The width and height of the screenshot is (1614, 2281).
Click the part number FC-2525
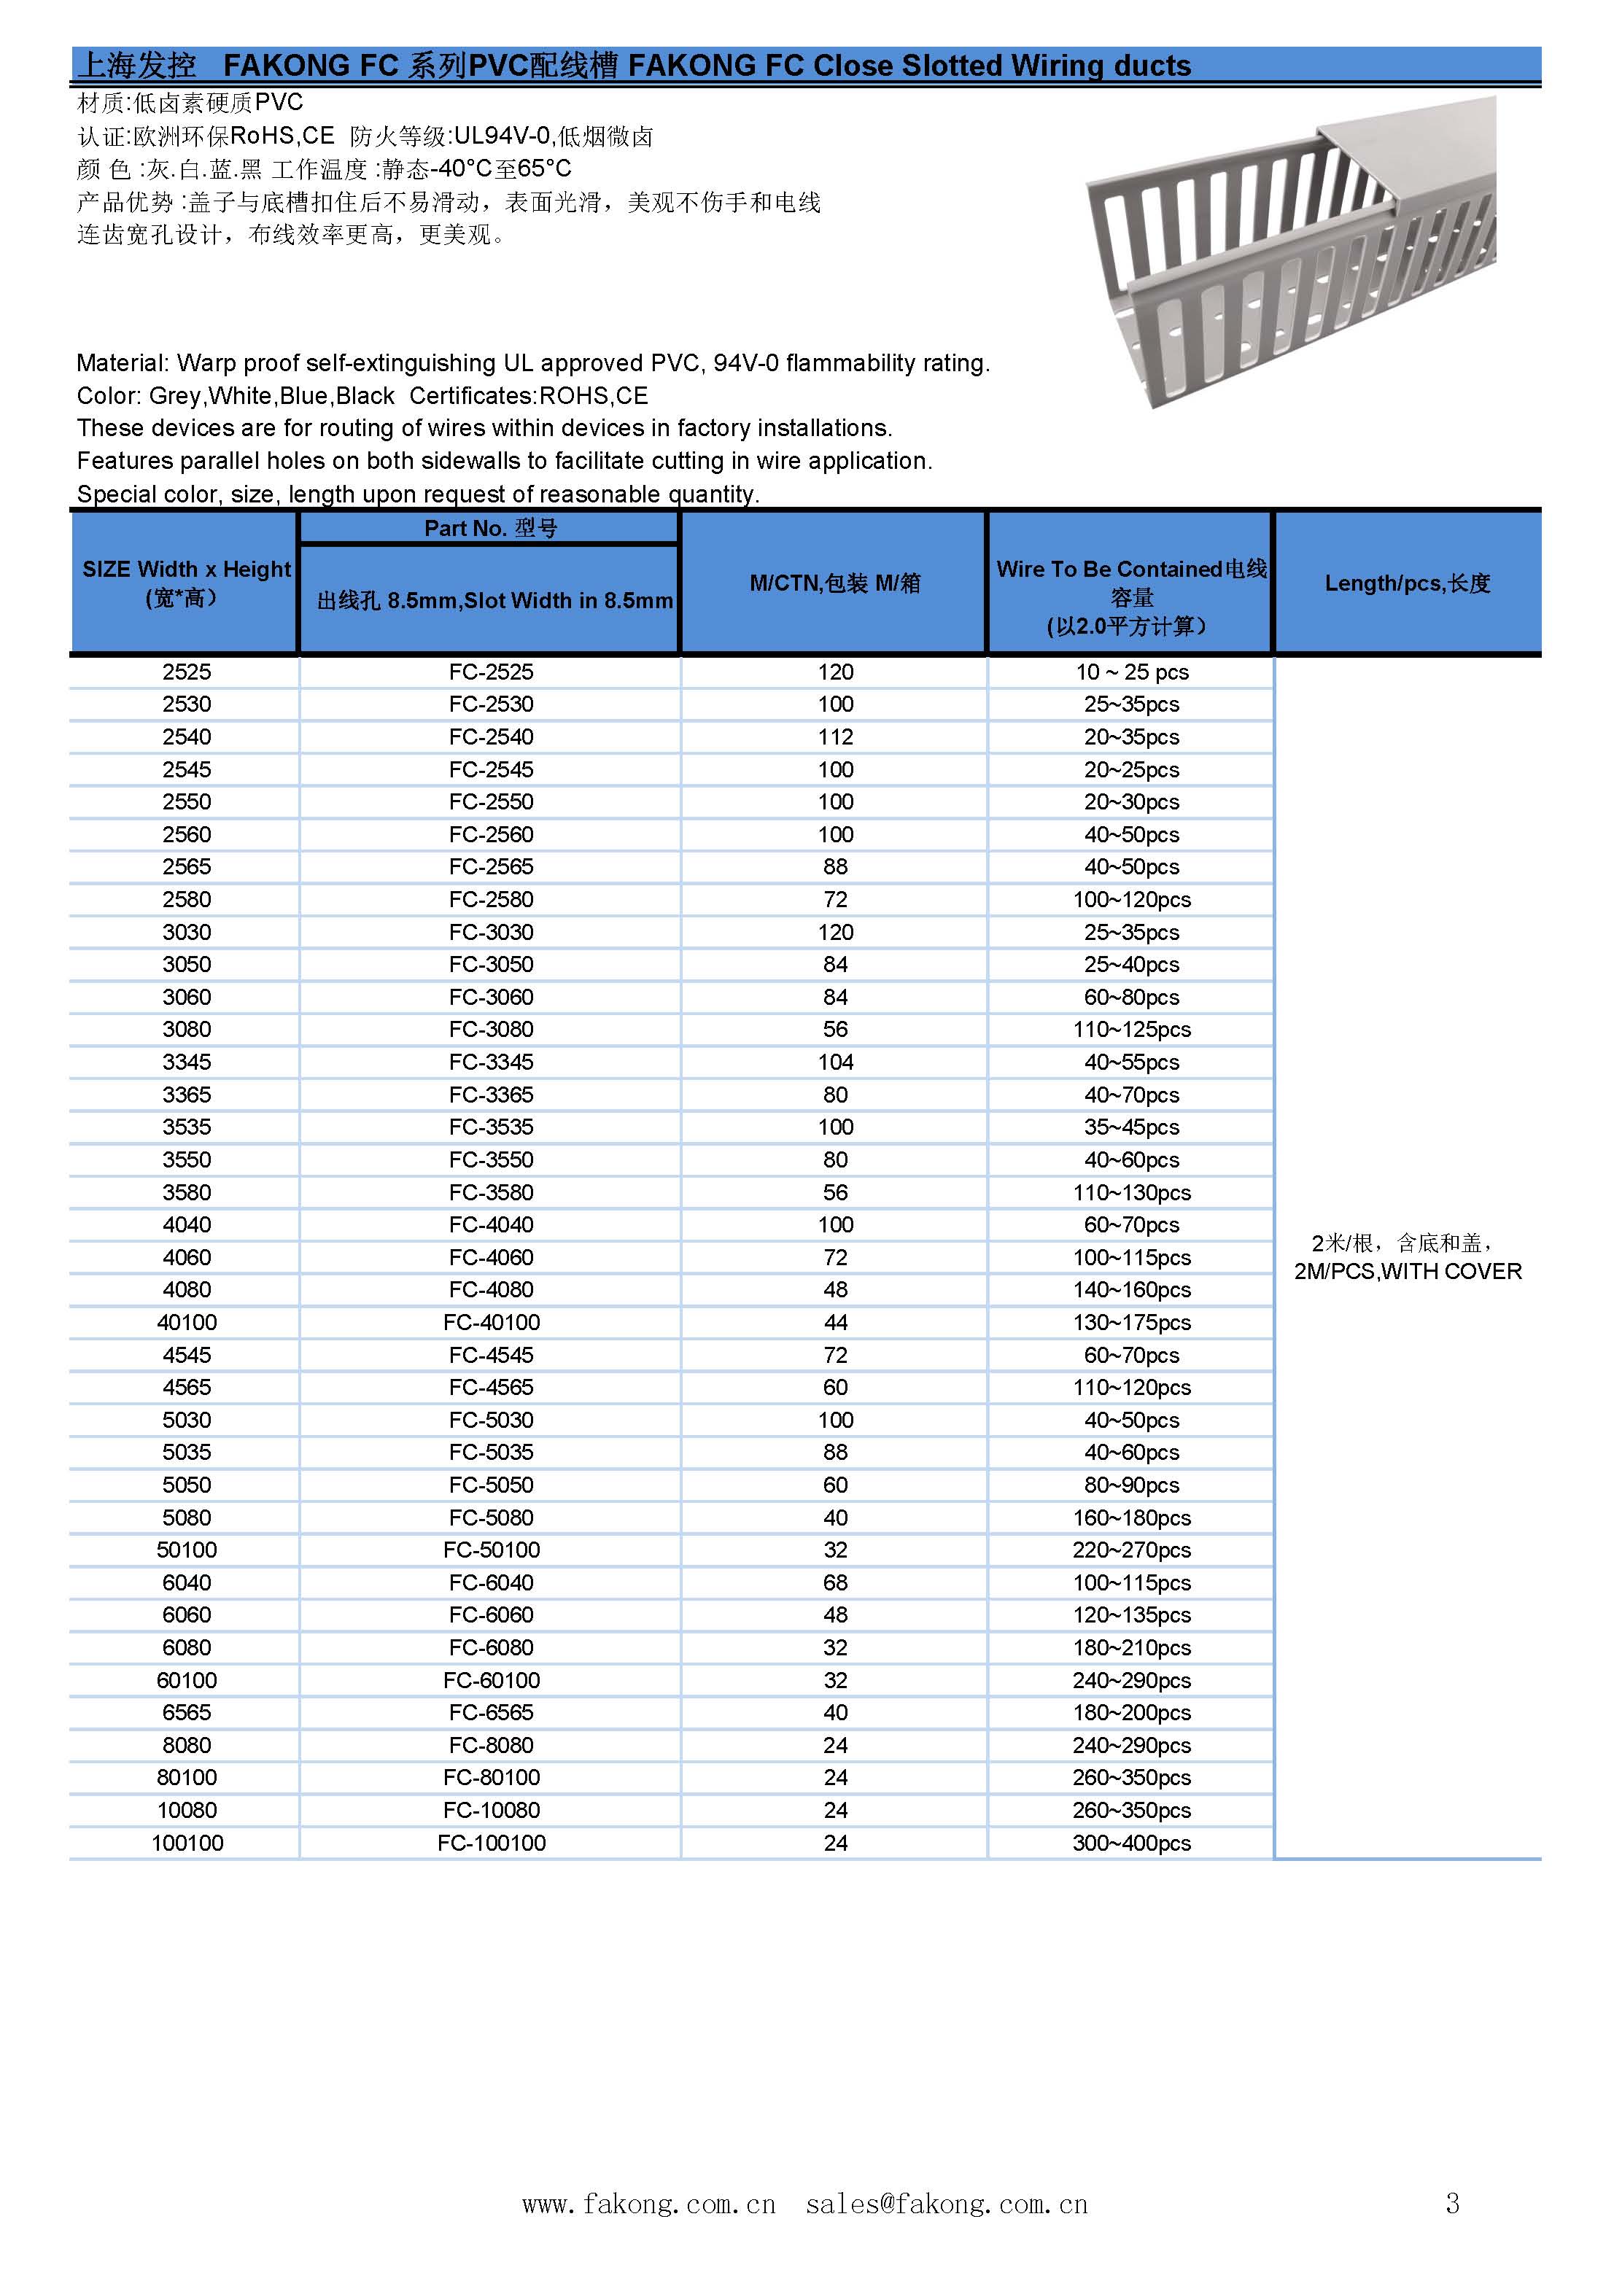pos(491,672)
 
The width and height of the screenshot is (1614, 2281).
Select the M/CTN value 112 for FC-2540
pos(835,737)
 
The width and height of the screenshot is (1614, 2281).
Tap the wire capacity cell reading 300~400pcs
pos(1131,1843)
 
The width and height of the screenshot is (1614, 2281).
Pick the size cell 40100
pos(187,1322)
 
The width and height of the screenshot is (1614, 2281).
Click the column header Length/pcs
pos(1408,583)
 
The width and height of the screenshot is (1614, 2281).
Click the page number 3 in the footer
pos(1452,2204)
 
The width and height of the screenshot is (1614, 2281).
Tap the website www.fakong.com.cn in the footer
pos(648,2204)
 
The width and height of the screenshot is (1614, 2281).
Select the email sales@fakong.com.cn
pos(946,2204)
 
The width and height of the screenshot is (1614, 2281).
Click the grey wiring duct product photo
pos(1292,253)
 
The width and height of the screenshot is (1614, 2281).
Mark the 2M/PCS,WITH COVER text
pos(1408,1272)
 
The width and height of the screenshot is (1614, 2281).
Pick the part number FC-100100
pos(491,1843)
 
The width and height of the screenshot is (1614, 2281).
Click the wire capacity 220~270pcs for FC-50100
pos(1131,1550)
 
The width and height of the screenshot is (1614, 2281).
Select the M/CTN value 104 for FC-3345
pos(835,1062)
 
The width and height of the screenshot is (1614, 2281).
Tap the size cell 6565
pos(187,1713)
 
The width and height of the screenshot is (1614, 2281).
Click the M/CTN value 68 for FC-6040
pos(835,1582)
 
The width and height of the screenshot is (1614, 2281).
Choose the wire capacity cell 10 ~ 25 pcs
pos(1131,672)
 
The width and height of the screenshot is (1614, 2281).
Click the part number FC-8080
pos(491,1746)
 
